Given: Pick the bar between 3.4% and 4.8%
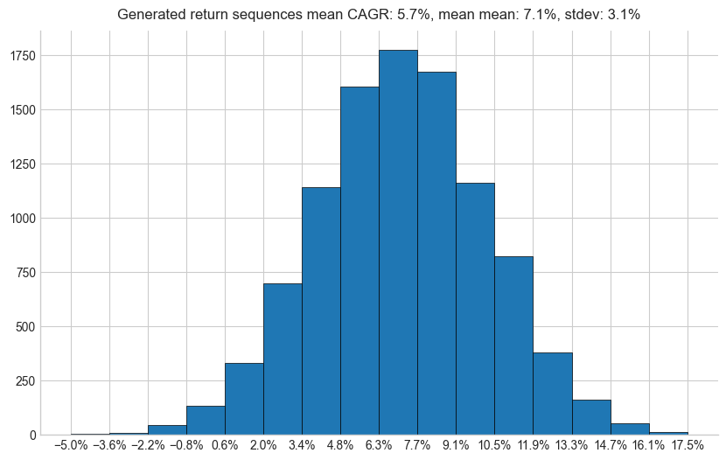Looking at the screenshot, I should coord(321,311).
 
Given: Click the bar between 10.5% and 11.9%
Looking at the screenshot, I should coord(513,345).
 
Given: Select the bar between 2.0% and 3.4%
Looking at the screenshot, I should coord(283,359).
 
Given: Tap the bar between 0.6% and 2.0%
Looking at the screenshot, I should coord(244,399).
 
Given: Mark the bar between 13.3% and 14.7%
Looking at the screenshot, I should coord(591,417).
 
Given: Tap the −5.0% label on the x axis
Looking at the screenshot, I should coord(70,445).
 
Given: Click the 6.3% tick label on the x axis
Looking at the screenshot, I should coord(379,445).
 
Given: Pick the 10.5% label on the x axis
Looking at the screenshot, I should coord(494,445).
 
